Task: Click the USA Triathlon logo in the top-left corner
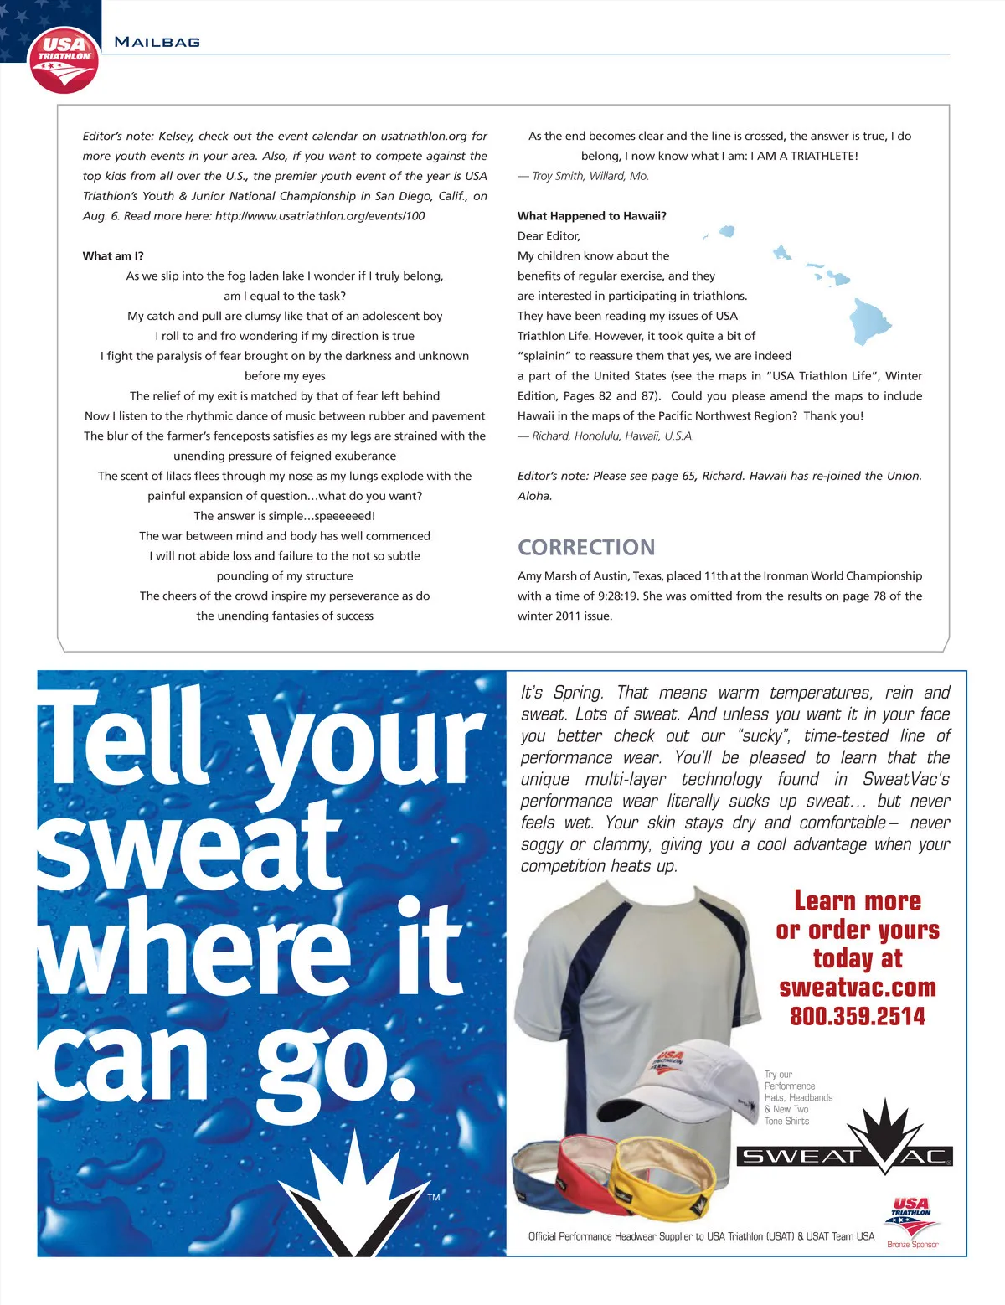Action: click(64, 59)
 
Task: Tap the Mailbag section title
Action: click(157, 42)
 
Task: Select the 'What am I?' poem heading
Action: click(113, 256)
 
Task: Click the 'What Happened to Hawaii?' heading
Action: click(592, 216)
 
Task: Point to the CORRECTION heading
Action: click(586, 547)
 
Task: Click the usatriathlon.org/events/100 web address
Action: click(320, 216)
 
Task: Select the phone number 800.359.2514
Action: click(858, 1017)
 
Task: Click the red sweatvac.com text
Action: click(858, 988)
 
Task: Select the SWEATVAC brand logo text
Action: click(844, 1157)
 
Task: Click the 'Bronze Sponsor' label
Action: click(912, 1245)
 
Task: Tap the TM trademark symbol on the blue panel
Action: click(433, 1198)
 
